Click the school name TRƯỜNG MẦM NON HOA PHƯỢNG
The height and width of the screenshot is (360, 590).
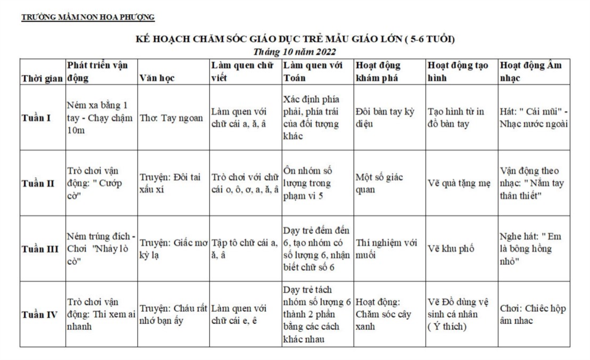[88, 17]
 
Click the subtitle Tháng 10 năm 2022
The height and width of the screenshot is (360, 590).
[294, 52]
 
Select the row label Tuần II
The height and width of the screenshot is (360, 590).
[37, 183]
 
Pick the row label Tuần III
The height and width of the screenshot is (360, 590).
[40, 249]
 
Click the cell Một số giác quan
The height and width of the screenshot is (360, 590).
[379, 183]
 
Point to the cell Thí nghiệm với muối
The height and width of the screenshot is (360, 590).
[386, 249]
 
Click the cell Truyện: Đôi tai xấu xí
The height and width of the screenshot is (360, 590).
[170, 183]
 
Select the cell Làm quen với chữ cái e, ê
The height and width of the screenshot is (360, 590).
[239, 315]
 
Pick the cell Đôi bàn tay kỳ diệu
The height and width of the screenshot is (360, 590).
[384, 118]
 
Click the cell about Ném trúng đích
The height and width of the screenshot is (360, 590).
[101, 249]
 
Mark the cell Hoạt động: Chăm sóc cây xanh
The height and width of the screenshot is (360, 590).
[383, 315]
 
